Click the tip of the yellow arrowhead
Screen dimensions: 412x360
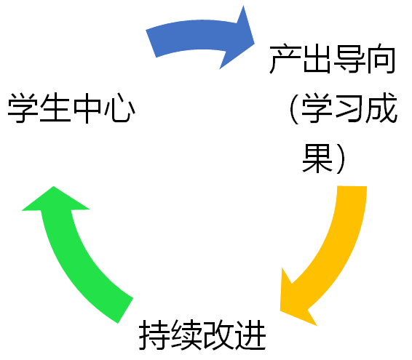pos(280,311)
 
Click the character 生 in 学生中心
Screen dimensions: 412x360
pos(55,108)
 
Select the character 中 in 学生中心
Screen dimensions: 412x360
pos(87,108)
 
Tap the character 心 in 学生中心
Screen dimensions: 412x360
pos(119,108)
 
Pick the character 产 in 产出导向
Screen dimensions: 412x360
pos(285,59)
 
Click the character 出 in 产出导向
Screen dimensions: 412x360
pos(317,59)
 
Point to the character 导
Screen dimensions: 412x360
pos(349,59)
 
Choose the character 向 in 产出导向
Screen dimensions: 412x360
pos(381,59)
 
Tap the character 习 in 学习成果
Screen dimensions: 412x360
pos(349,108)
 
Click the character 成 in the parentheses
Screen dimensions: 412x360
pos(381,108)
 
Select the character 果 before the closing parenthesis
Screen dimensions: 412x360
pos(317,158)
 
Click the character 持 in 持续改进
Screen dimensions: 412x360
pos(154,335)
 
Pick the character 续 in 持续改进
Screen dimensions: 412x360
pos(186,335)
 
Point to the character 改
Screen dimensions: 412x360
pos(218,335)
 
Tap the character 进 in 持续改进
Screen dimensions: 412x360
pos(250,335)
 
